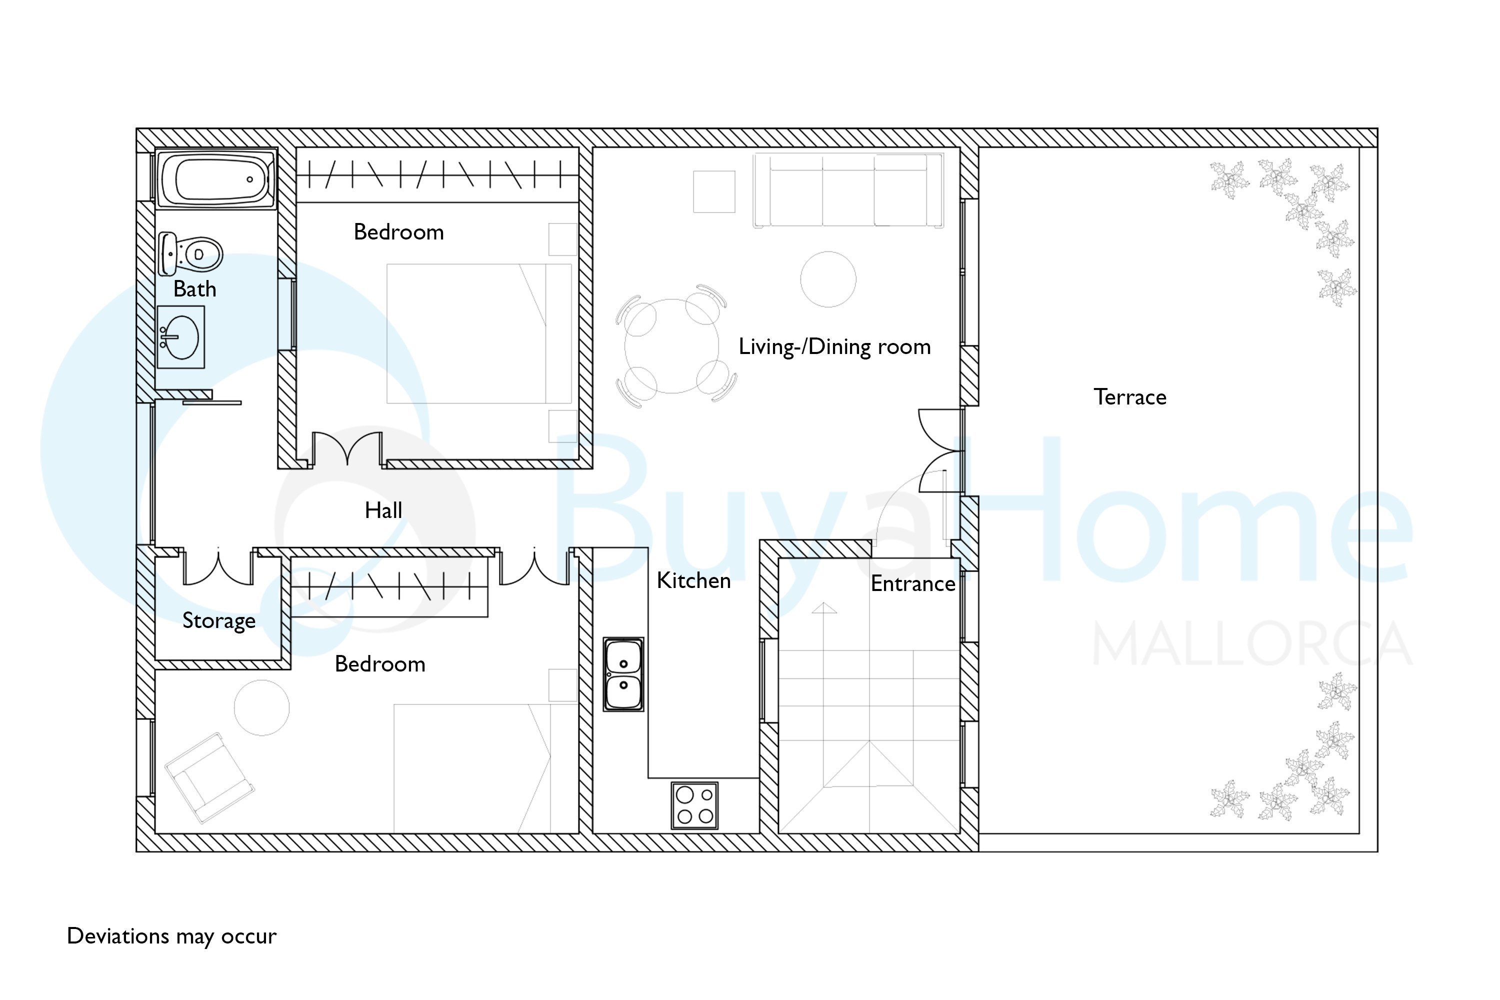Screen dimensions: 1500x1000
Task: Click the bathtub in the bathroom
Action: [217, 178]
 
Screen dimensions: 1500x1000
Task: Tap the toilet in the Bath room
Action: [190, 254]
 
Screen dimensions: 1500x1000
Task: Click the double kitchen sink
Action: [623, 674]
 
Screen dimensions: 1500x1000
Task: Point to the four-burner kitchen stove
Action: [694, 805]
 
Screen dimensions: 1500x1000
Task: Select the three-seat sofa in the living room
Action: [847, 190]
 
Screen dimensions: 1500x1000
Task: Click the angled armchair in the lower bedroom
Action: [210, 777]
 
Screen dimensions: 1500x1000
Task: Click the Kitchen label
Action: [694, 580]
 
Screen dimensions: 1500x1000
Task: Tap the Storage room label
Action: [219, 621]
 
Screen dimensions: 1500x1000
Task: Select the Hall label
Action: [383, 510]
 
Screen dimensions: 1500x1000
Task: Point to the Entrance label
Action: [913, 583]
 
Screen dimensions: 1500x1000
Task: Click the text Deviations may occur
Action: [171, 936]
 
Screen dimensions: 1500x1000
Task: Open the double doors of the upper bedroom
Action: [347, 449]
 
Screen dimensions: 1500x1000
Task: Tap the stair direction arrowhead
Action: [824, 608]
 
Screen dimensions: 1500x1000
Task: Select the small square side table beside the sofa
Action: [714, 191]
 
